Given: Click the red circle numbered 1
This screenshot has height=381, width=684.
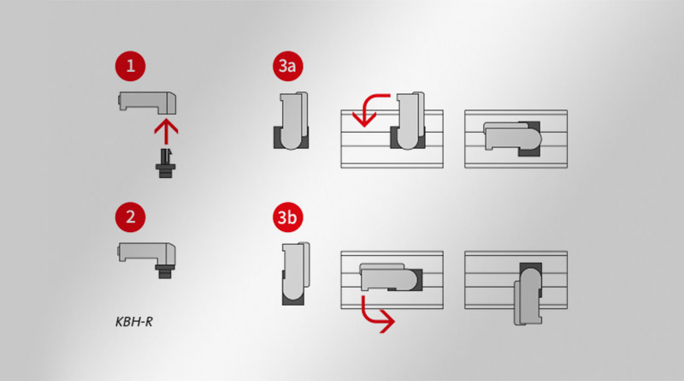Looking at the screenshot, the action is [130, 67].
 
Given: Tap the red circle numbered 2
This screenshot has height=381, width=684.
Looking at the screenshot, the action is [130, 217].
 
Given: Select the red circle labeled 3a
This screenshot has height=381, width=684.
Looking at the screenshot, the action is [287, 67].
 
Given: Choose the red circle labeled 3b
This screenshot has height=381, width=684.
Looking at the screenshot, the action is [287, 217].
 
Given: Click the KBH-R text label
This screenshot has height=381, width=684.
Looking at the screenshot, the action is [134, 322].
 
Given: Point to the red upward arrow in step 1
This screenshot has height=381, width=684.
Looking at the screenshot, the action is [166, 132].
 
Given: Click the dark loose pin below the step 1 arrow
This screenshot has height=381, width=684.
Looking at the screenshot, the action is [166, 163].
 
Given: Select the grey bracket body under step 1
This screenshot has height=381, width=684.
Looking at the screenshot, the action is [147, 103].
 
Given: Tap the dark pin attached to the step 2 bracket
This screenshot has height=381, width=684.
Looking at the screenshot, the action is [165, 271].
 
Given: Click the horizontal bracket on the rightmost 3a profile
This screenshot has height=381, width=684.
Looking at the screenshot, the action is [512, 138].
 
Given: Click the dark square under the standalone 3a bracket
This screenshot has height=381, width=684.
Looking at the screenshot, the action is [291, 138].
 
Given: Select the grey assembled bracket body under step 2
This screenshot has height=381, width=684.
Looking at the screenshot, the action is [146, 253].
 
